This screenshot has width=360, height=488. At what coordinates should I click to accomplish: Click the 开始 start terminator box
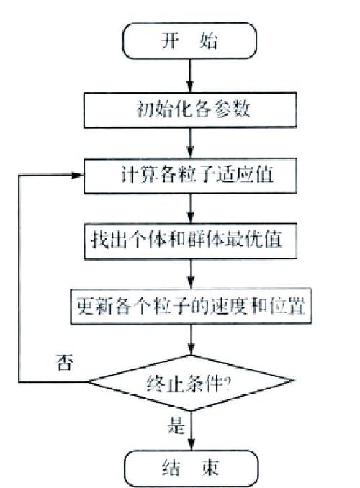(190, 42)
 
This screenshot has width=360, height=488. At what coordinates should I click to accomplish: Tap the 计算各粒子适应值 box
(190, 175)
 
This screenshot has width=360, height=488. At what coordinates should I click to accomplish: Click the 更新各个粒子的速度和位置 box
(190, 306)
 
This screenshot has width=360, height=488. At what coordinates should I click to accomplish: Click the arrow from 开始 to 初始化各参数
(190, 75)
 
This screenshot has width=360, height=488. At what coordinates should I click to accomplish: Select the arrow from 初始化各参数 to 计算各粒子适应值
(190, 142)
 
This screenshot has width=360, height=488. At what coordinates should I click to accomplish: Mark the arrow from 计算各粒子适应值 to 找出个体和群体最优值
(190, 208)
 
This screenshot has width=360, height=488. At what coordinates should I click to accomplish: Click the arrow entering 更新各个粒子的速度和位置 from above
(190, 273)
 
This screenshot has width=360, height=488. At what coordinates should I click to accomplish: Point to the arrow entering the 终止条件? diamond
(190, 339)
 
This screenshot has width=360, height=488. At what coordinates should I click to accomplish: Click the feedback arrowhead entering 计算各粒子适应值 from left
(78, 175)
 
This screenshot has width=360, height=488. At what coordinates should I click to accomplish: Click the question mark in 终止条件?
(227, 381)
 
